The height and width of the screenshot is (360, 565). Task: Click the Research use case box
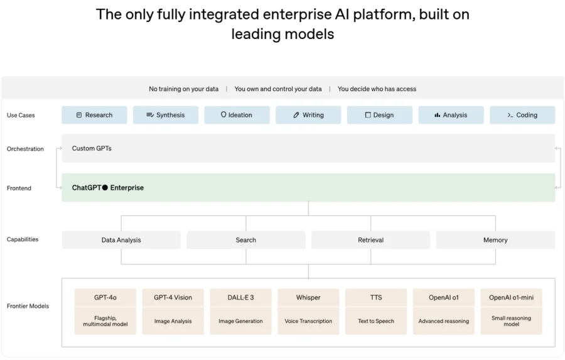pyautogui.click(x=94, y=115)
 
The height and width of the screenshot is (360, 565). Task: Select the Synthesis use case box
pyautogui.click(x=165, y=115)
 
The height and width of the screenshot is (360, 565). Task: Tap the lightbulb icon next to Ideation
pyautogui.click(x=223, y=115)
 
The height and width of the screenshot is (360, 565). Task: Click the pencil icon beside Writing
pyautogui.click(x=296, y=115)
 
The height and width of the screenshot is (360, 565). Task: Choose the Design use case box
pyautogui.click(x=379, y=115)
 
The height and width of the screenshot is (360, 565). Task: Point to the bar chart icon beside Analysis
pyautogui.click(x=437, y=115)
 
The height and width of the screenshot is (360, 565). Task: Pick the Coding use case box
pyautogui.click(x=522, y=115)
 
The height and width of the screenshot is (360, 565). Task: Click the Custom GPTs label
pyautogui.click(x=92, y=148)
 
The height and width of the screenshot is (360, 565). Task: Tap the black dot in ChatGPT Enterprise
pyautogui.click(x=105, y=188)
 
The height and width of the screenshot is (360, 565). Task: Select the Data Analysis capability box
pyautogui.click(x=121, y=240)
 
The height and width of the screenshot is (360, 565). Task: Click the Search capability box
pyautogui.click(x=245, y=240)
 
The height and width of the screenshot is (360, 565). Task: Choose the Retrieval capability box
pyautogui.click(x=370, y=240)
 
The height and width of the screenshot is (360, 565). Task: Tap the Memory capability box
pyautogui.click(x=495, y=240)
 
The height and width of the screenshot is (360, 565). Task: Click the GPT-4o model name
pyautogui.click(x=105, y=298)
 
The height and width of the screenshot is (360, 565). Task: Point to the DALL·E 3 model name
pyautogui.click(x=240, y=298)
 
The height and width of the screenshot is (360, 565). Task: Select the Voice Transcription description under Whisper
pyautogui.click(x=308, y=321)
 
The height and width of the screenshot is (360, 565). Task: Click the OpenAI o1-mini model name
pyautogui.click(x=511, y=298)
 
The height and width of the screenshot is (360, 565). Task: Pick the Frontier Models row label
pyautogui.click(x=28, y=306)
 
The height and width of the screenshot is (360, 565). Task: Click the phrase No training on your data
pyautogui.click(x=184, y=89)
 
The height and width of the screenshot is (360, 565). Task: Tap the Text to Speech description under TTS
pyautogui.click(x=376, y=321)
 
